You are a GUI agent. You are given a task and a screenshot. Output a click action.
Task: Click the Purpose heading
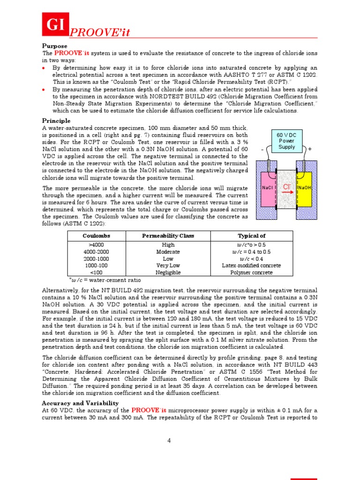click(x=55, y=46)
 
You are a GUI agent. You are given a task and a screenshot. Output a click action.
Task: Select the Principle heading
click(x=56, y=121)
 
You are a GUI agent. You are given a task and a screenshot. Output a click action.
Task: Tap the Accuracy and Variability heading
click(x=80, y=403)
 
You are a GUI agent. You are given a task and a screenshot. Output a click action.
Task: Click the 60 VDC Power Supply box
click(x=286, y=141)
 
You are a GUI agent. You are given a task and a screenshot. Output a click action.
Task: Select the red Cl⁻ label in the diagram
click(x=287, y=187)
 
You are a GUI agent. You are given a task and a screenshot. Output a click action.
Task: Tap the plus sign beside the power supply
click(x=310, y=149)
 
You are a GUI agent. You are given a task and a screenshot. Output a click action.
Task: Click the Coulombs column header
click(x=97, y=236)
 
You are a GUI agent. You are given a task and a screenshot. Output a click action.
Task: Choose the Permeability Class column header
click(x=168, y=236)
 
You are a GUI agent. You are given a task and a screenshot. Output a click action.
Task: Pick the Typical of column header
click(x=251, y=236)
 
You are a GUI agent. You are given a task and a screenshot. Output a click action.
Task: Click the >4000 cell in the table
click(x=97, y=245)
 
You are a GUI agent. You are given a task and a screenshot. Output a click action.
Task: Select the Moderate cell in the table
click(x=168, y=252)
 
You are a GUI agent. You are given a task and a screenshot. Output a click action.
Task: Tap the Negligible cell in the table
click(x=168, y=272)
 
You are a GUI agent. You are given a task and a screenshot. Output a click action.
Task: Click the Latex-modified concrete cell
click(x=251, y=265)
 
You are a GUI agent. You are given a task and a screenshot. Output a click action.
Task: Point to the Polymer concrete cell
click(x=251, y=272)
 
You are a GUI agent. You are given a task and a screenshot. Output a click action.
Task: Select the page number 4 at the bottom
click(x=169, y=441)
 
